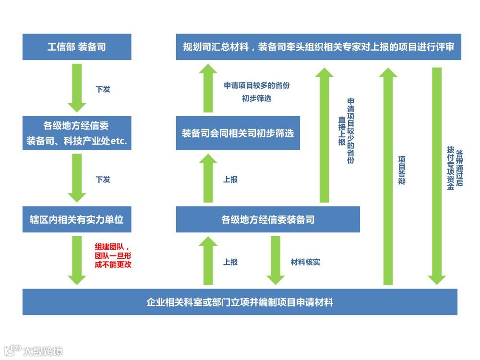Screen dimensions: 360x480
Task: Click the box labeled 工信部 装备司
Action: pos(77,47)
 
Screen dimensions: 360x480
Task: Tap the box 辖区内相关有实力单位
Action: pos(77,219)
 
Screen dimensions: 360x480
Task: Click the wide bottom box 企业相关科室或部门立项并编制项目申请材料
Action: pos(240,302)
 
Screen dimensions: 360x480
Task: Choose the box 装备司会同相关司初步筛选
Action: pos(238,133)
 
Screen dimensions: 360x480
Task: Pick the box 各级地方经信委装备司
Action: pos(268,220)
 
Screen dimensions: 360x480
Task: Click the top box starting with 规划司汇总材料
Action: pos(318,47)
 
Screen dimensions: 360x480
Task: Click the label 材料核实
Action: pos(305,262)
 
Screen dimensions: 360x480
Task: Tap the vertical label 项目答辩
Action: pos(402,170)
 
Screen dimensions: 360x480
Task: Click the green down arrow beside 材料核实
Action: pos(276,260)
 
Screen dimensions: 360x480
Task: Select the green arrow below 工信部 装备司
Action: pos(77,87)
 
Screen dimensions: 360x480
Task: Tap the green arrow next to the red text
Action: pos(77,260)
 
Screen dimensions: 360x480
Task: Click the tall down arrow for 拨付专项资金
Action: pos(437,175)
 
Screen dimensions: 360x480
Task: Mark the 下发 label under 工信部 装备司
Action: pos(103,89)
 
